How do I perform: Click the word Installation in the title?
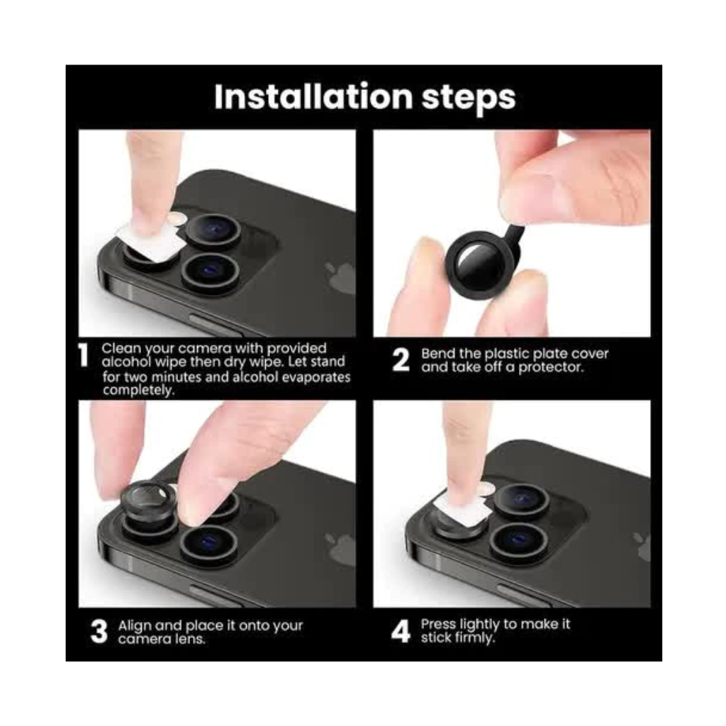313,96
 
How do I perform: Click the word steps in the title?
469,99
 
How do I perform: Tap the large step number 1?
84,356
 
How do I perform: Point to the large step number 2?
401,360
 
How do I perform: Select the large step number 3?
99,632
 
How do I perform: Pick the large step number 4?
401,632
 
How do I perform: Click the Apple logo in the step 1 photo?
340,277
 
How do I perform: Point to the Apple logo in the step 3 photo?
340,548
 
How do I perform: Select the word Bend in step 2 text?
435,354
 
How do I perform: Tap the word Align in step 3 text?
135,626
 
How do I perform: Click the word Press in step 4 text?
438,624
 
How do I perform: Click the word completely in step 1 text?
138,391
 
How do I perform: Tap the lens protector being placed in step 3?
149,501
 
